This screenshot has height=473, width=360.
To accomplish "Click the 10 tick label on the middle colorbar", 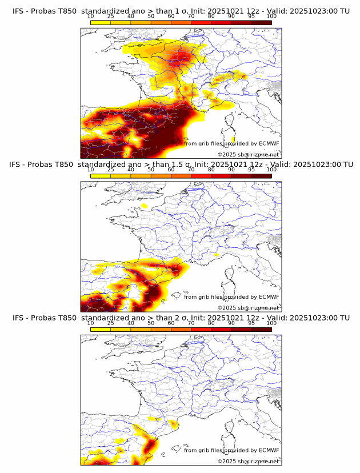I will [91, 170].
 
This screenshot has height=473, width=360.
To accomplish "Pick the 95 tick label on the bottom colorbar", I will [251, 323].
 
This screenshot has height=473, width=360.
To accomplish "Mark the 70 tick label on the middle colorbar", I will [191, 170].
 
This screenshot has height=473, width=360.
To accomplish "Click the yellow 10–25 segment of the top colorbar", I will [101, 23].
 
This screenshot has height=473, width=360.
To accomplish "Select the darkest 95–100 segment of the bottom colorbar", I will [261, 330].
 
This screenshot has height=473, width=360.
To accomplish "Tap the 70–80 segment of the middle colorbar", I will [201, 177].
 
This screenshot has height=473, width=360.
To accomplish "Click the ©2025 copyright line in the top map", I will [249, 155].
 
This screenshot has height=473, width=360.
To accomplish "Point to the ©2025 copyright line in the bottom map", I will [249, 461].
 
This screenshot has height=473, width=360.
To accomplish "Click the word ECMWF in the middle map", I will [269, 297].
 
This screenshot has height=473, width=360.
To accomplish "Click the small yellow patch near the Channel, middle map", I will [145, 205].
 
